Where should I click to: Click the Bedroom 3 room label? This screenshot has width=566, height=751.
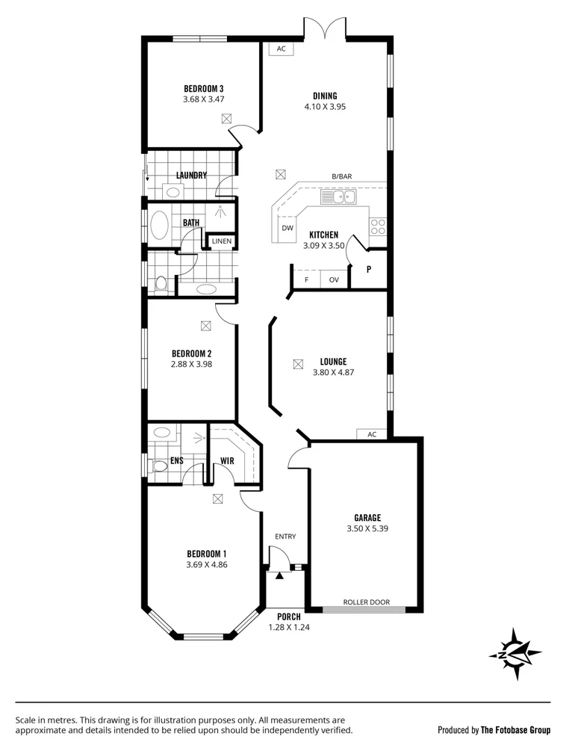(204, 88)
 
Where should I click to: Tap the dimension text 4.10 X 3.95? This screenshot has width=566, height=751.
(325, 107)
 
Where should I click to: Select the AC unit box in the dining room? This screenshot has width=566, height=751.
(282, 49)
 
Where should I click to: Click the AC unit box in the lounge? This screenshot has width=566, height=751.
(372, 434)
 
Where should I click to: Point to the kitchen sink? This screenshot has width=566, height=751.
(340, 197)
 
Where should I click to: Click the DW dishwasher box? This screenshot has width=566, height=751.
(286, 229)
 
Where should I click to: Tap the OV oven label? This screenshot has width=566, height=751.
(334, 280)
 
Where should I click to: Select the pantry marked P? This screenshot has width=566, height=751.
(369, 268)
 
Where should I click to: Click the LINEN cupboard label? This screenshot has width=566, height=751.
(222, 241)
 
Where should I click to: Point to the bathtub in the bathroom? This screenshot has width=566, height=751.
(159, 226)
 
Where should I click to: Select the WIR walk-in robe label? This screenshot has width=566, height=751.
(227, 461)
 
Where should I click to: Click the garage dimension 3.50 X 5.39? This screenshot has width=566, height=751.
(367, 528)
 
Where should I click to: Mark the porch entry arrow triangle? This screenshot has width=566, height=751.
(280, 575)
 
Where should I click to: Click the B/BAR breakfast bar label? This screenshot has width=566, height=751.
(342, 177)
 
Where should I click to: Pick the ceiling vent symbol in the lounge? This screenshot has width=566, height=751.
(298, 364)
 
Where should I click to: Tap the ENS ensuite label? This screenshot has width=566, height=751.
(176, 461)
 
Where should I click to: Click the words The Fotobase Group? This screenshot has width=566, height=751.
(515, 730)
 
